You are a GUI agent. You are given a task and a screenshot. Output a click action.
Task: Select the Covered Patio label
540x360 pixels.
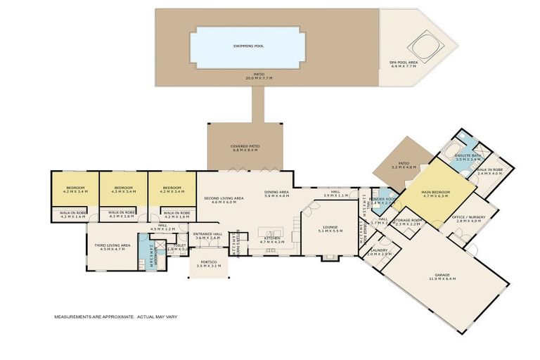click(245, 146)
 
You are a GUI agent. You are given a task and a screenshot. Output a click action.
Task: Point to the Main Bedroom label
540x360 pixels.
click(435, 192)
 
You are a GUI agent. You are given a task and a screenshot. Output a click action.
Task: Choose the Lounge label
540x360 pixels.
click(330, 226)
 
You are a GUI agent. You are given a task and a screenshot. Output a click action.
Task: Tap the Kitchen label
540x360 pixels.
click(272, 238)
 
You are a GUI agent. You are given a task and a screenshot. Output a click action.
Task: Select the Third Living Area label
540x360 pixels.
click(105, 245)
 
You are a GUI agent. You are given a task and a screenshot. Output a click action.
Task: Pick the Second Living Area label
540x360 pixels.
click(224, 199)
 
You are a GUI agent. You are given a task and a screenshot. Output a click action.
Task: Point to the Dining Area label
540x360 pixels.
click(276, 192)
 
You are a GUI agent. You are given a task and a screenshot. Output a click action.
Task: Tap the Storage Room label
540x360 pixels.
click(407, 220)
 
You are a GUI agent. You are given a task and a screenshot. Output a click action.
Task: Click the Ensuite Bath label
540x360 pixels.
click(468, 155)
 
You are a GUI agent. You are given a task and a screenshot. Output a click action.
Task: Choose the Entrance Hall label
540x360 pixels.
click(207, 233)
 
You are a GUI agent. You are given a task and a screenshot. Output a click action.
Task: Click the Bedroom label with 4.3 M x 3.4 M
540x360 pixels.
click(124, 188)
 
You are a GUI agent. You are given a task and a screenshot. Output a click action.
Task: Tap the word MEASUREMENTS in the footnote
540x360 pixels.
click(75, 317)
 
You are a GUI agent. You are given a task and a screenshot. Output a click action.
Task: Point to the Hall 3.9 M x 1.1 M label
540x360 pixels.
click(335, 192)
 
